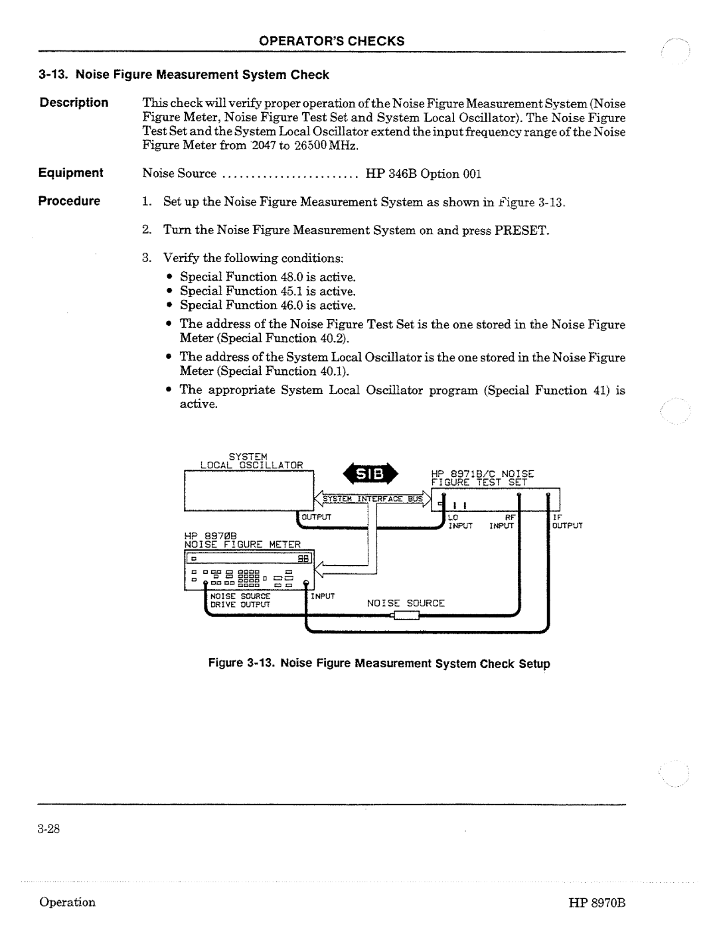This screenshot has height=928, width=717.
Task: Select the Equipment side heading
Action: (71, 173)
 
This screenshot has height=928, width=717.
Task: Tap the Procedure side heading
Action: (70, 201)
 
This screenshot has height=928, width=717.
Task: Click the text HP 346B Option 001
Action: (422, 174)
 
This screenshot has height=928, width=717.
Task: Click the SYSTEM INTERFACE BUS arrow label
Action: (372, 498)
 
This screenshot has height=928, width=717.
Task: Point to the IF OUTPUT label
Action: (566, 521)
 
